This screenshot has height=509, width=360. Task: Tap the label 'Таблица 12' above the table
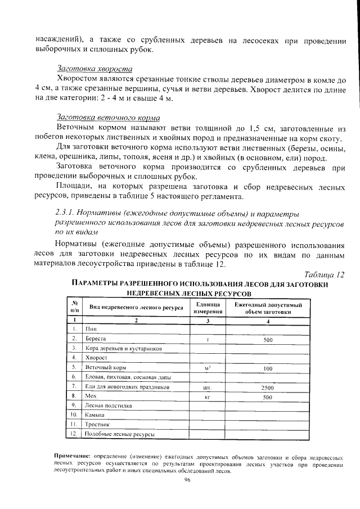click(x=323, y=274)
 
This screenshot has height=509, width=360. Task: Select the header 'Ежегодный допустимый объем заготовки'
click(x=268, y=308)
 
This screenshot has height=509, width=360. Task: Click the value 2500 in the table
click(x=268, y=388)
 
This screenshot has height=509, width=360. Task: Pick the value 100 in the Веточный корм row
click(x=268, y=368)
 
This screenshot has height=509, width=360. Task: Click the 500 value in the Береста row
click(x=268, y=339)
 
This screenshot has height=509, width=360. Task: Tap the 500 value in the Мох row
click(x=268, y=397)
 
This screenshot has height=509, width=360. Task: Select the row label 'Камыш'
click(x=94, y=415)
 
